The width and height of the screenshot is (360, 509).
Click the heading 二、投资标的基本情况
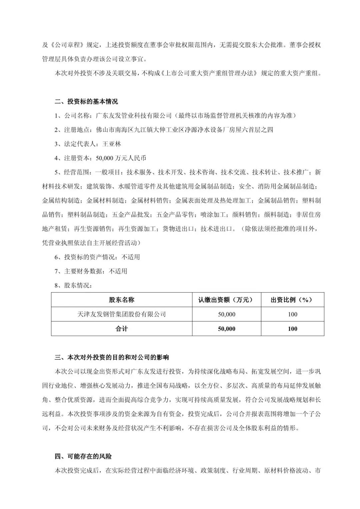point(86,101)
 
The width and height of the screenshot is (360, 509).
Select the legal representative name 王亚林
point(112,144)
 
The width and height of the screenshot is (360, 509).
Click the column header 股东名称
point(122,300)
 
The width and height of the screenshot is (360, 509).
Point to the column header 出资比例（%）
point(292,300)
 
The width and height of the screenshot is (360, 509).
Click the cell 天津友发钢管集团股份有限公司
point(122,314)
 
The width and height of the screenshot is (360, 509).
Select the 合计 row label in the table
point(122,329)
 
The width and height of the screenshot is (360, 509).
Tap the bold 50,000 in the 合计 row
point(226,329)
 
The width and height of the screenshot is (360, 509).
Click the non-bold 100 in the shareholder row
point(292,314)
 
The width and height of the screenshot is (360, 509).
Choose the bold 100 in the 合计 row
point(292,329)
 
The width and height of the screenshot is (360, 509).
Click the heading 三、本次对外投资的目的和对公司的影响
point(112,358)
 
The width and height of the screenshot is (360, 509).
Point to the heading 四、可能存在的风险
point(83,456)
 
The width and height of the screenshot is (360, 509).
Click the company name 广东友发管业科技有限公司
point(133,116)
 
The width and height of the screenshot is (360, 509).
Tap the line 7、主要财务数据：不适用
point(91,271)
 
